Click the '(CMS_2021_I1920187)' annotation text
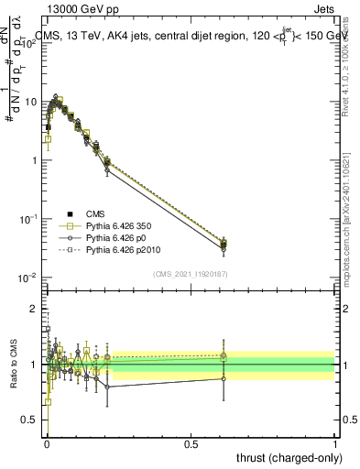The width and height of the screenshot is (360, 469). [x=191, y=272]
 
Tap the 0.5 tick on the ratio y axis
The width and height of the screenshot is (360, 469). [x=32, y=420]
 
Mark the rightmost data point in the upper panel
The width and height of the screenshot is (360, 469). [x=224, y=243]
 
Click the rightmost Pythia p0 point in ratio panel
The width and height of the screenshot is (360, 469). [x=224, y=378]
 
